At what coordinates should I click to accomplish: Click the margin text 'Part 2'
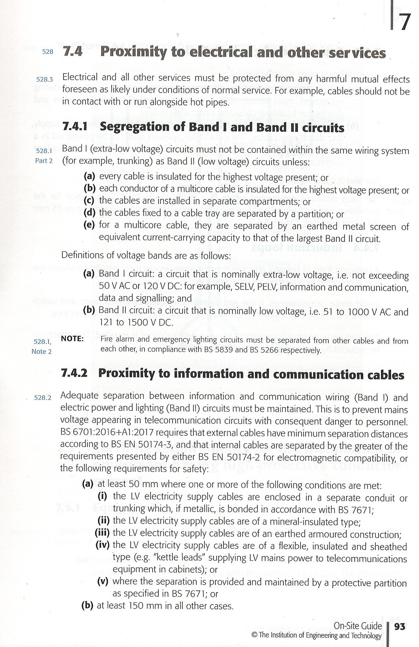pyautogui.click(x=44, y=161)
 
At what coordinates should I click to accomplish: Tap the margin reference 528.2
pyautogui.click(x=43, y=398)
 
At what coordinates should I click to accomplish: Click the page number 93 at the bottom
pyautogui.click(x=400, y=626)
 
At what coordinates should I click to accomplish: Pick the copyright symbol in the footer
pyautogui.click(x=254, y=636)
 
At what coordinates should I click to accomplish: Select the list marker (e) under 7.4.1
pyautogui.click(x=89, y=225)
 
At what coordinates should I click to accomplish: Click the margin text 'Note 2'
pyautogui.click(x=41, y=352)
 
